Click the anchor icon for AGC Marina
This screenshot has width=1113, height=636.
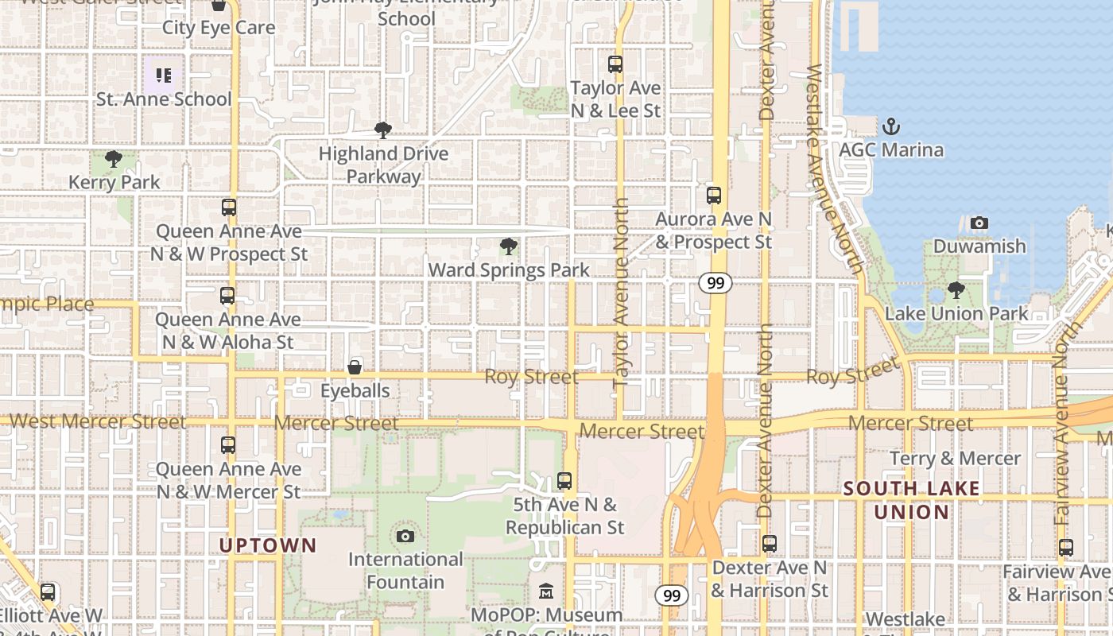[891, 126]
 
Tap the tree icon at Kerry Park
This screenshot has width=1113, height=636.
[114, 159]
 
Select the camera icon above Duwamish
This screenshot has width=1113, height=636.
[979, 223]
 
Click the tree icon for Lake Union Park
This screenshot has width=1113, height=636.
[956, 290]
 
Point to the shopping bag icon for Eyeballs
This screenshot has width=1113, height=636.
[355, 367]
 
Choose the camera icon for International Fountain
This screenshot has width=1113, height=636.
[405, 536]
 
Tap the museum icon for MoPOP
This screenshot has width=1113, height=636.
[546, 591]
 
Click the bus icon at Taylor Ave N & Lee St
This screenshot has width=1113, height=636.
[615, 64]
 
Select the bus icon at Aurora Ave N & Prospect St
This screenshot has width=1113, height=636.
[714, 195]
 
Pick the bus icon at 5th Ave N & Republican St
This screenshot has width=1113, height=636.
[564, 480]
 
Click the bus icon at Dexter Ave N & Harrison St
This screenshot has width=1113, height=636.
[770, 544]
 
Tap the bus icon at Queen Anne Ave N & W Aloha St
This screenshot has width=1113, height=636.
[227, 296]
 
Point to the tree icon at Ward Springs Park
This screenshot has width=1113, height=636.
[509, 246]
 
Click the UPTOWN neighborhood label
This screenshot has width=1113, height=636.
[268, 546]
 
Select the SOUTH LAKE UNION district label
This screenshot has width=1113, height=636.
[912, 500]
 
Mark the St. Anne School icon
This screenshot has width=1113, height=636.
[164, 76]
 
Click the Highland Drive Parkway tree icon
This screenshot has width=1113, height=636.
[383, 130]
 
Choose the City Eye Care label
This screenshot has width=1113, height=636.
[219, 28]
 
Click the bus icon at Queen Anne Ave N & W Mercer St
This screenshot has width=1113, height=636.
[228, 445]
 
